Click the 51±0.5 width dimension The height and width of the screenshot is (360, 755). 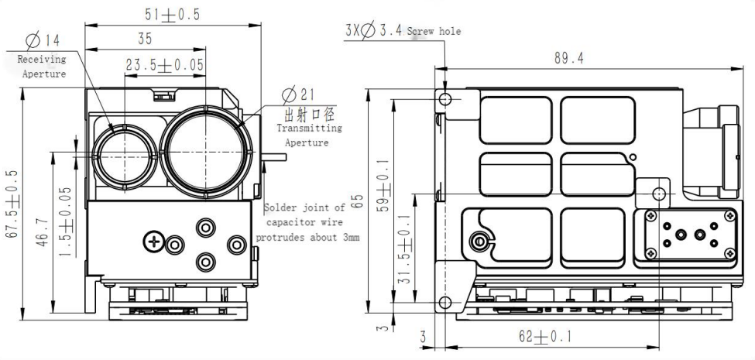click(x=173, y=15)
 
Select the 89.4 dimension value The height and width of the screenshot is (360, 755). click(x=568, y=58)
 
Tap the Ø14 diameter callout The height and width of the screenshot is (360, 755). click(x=43, y=40)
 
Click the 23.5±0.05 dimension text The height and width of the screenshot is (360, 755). click(x=165, y=65)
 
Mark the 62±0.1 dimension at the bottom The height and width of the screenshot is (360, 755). click(x=545, y=337)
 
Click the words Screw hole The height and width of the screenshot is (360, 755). click(x=434, y=31)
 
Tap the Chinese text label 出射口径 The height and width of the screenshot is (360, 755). click(x=310, y=115)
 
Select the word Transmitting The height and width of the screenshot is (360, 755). click(x=309, y=129)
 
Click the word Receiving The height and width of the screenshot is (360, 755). click(x=42, y=59)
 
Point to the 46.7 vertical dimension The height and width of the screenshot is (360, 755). click(x=43, y=232)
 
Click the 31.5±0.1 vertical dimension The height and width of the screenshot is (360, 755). click(x=405, y=249)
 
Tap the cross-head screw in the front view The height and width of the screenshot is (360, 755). click(x=153, y=242)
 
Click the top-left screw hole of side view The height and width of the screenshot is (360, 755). click(x=445, y=100)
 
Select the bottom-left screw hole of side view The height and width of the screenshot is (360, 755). click(x=445, y=303)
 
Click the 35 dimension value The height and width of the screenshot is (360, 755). click(x=145, y=39)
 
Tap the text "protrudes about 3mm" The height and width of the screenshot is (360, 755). click(x=307, y=238)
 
